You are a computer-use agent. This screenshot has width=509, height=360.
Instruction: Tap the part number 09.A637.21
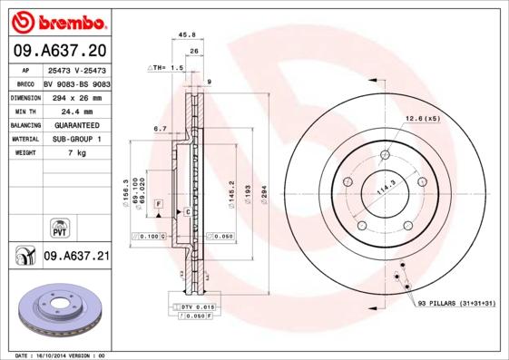click(x=75, y=257)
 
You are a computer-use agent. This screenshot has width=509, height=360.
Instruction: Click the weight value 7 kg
click(x=76, y=153)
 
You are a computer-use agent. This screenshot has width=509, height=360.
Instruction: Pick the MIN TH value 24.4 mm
click(x=76, y=110)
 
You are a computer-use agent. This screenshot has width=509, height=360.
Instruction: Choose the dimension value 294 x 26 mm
click(x=76, y=95)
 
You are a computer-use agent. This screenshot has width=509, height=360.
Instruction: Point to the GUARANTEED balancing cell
click(x=76, y=124)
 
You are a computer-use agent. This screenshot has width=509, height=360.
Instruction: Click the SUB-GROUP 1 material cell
click(x=76, y=139)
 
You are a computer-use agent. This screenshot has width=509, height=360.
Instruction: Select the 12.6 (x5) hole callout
click(x=422, y=119)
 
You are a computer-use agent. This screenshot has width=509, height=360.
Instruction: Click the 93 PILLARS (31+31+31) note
click(x=455, y=305)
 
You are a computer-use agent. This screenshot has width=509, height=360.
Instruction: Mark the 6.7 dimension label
click(x=160, y=130)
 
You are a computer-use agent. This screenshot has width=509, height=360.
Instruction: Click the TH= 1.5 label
click(x=166, y=68)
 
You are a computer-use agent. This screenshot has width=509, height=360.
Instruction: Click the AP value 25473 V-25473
click(x=76, y=70)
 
